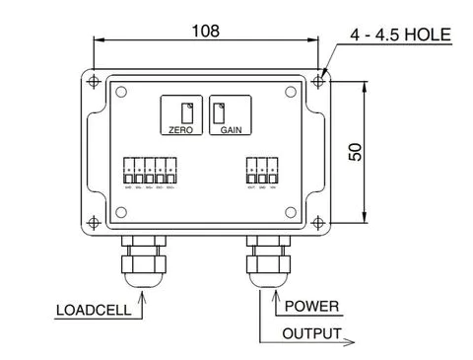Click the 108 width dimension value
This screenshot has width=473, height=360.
[206, 30]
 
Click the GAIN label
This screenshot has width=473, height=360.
[233, 129]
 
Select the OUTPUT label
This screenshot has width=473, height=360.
[312, 333]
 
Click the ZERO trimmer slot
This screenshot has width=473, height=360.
[185, 110]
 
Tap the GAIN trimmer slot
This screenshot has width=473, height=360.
[220, 111]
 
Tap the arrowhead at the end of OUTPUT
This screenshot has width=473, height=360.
[350, 342]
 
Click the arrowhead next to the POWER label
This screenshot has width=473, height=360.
[274, 296]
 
